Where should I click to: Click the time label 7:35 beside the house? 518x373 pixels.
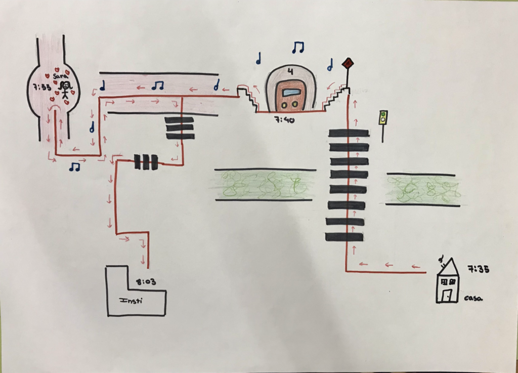(x=478, y=269)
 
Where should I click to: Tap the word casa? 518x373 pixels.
(x=473, y=298)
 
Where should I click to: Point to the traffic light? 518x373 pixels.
(x=383, y=117)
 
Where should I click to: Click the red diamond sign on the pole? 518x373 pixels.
(x=348, y=63)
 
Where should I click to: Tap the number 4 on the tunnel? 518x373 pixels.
(x=290, y=72)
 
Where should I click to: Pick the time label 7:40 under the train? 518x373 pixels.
(x=285, y=120)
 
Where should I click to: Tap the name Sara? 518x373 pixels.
(x=60, y=75)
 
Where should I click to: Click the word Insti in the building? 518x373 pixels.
(x=131, y=301)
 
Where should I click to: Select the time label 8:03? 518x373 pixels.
(x=146, y=282)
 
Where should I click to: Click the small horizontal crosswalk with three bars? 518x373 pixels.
(x=146, y=162)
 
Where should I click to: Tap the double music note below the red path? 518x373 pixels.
(x=75, y=167)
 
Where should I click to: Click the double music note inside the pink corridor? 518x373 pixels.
(x=158, y=86)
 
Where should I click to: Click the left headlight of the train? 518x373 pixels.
(x=284, y=105)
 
